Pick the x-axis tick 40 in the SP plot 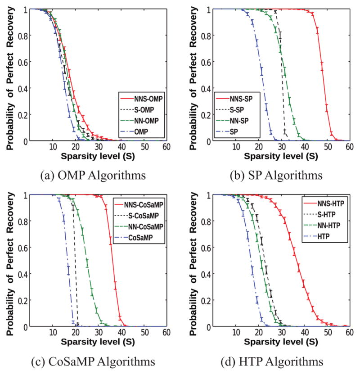tap(305, 148)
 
